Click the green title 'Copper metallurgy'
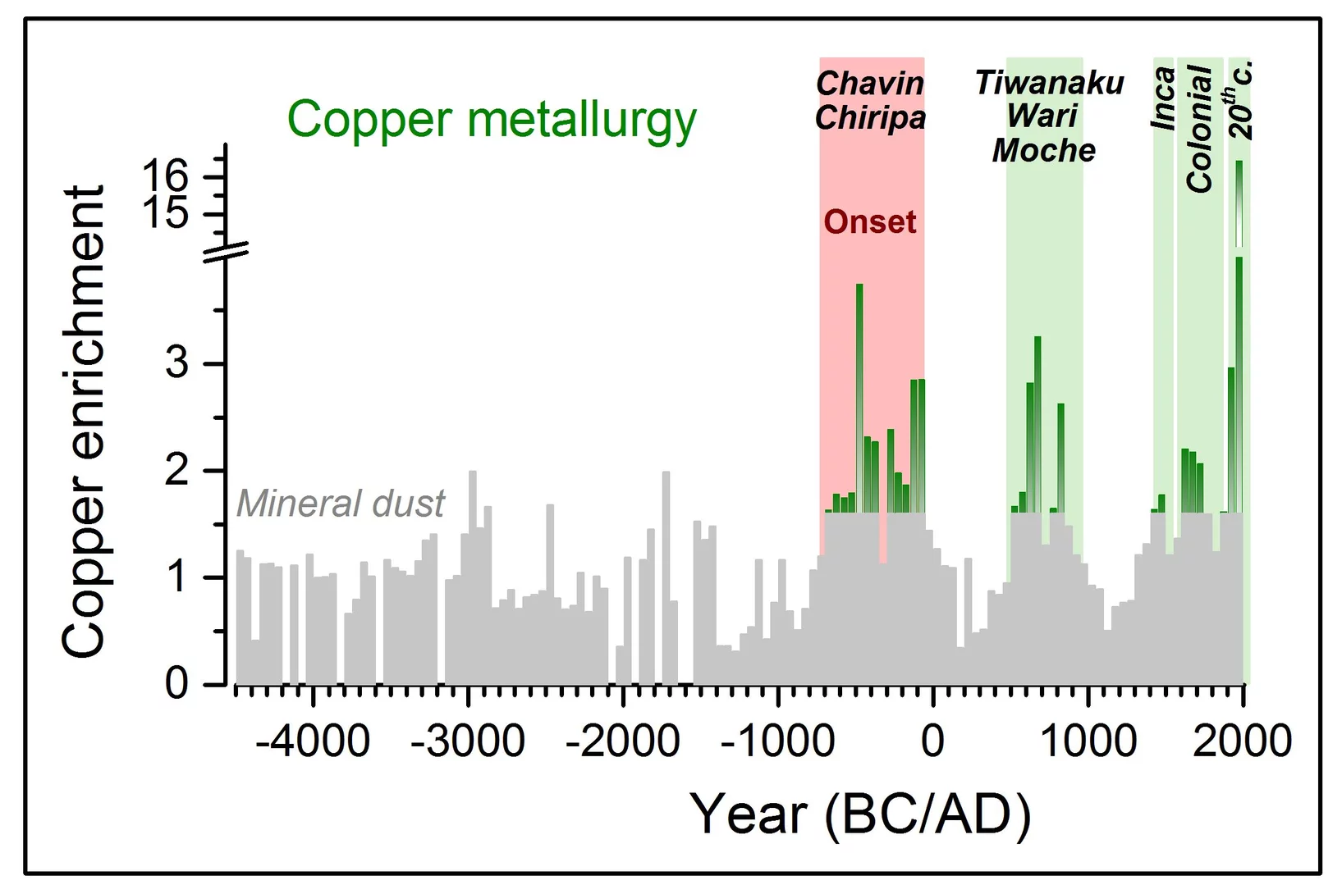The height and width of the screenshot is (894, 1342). [491, 120]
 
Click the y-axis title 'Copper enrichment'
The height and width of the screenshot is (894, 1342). [84, 422]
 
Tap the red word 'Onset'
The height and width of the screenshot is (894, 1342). [869, 222]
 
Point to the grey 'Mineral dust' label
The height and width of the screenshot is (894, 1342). [340, 503]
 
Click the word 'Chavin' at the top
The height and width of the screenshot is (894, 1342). [870, 83]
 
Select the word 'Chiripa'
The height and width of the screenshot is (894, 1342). [870, 118]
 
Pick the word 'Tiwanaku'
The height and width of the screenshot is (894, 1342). [1049, 83]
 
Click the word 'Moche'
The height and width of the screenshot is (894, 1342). [1043, 151]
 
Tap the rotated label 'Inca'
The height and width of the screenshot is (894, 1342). [1163, 99]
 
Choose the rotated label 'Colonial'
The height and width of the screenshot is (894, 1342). [1200, 129]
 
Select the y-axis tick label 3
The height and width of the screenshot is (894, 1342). [176, 363]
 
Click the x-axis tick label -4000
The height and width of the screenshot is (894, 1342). [312, 741]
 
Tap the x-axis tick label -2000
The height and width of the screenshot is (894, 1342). [622, 741]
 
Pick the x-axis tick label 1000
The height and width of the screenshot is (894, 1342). [1088, 741]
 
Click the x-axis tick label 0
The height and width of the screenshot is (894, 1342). [932, 741]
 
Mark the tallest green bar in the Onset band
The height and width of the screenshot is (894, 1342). [859, 394]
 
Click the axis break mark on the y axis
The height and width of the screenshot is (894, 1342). [226, 253]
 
